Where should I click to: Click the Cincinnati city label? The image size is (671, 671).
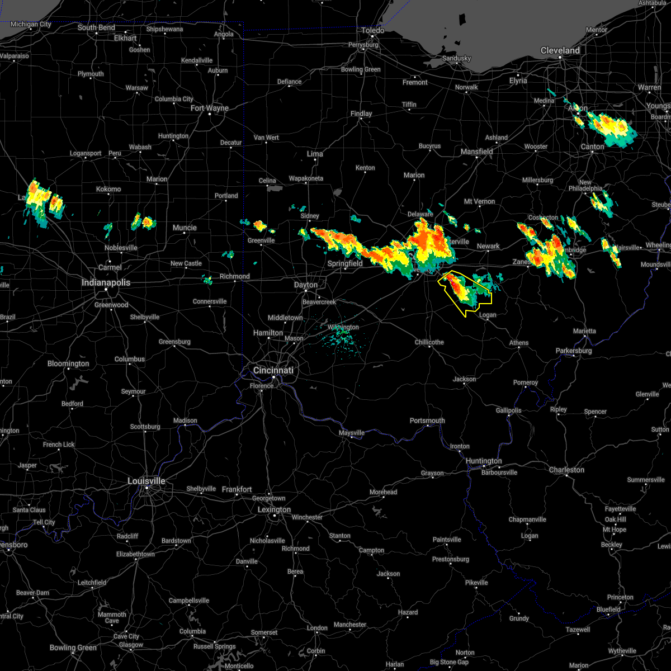(x=273, y=370)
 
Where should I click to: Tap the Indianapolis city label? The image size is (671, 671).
(x=106, y=282)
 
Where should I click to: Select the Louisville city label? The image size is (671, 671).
(x=147, y=481)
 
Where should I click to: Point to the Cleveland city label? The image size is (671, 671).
(x=560, y=50)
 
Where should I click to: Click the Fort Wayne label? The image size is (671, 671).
(x=210, y=108)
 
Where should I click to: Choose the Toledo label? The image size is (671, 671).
(x=373, y=30)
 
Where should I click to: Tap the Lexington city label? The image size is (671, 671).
(x=274, y=509)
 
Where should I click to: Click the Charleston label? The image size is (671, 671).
(x=566, y=470)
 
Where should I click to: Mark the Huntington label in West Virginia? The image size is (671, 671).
(x=484, y=461)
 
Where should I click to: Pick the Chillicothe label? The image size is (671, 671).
(x=429, y=342)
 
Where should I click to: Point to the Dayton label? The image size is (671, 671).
(x=306, y=285)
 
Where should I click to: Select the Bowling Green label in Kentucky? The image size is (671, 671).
(x=73, y=648)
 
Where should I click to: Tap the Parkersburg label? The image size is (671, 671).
(x=574, y=351)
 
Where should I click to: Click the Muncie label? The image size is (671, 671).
(x=185, y=228)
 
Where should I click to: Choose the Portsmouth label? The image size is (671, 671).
(x=427, y=420)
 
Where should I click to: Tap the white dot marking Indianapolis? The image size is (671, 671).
(x=106, y=289)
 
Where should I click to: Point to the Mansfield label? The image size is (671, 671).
(x=477, y=152)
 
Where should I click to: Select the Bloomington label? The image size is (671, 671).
(x=68, y=363)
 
